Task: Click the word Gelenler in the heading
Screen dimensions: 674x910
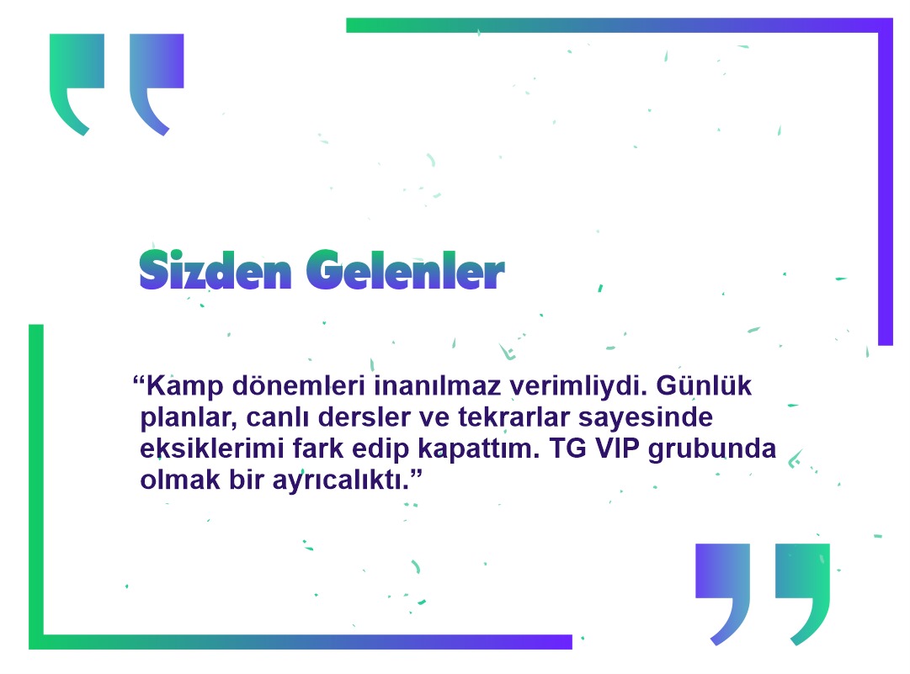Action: coord(405,270)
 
